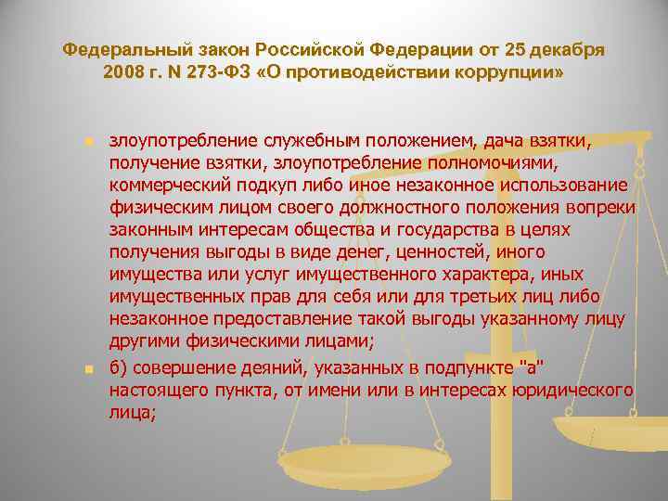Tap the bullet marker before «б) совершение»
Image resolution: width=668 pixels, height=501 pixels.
(x=88, y=369)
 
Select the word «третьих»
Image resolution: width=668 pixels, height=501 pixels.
(x=499, y=296)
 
